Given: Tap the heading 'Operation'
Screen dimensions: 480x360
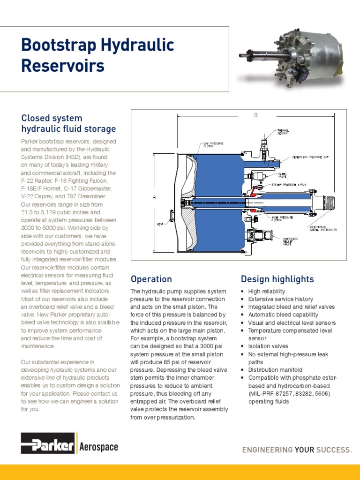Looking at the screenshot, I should pos(151,279).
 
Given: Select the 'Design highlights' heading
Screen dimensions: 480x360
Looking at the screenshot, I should pos(277,279).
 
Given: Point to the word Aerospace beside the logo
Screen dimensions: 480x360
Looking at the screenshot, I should pos(99,447).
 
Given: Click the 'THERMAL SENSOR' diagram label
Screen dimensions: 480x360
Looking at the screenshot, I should pos(283,132).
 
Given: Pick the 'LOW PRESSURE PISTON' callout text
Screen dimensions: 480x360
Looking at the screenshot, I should pos(213,144).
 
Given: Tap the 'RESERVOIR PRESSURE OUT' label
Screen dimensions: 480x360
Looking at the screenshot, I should pos(314,157).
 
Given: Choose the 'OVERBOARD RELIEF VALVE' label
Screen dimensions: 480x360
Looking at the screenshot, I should pos(289,241).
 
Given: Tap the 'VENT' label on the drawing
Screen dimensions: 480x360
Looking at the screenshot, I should pos(160,224).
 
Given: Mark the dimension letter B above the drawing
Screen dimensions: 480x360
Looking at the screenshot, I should pos(256,115).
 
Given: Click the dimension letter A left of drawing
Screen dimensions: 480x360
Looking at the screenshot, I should pos(154,197).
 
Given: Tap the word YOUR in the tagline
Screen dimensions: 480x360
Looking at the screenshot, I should pos(305,450).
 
